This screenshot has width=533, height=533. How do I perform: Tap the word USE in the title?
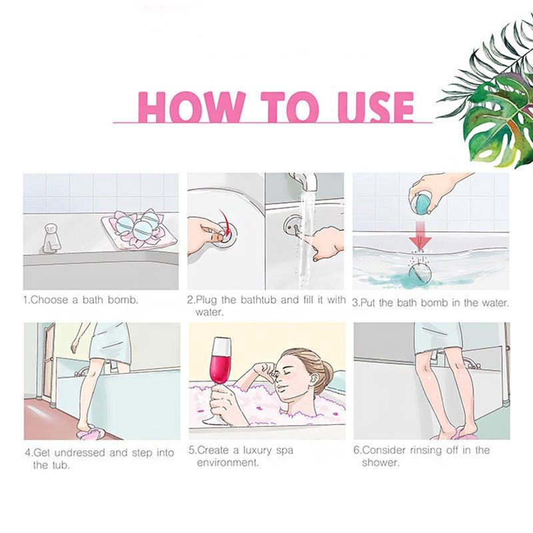pyautogui.click(x=376, y=107)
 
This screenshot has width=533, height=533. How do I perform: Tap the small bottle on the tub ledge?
pyautogui.click(x=51, y=238)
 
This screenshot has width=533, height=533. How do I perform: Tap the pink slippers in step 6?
pyautogui.click(x=453, y=434)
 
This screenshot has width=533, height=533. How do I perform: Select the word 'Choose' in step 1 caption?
pyautogui.click(x=49, y=300)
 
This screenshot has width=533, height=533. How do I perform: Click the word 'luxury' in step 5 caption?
pyautogui.click(x=257, y=451)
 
